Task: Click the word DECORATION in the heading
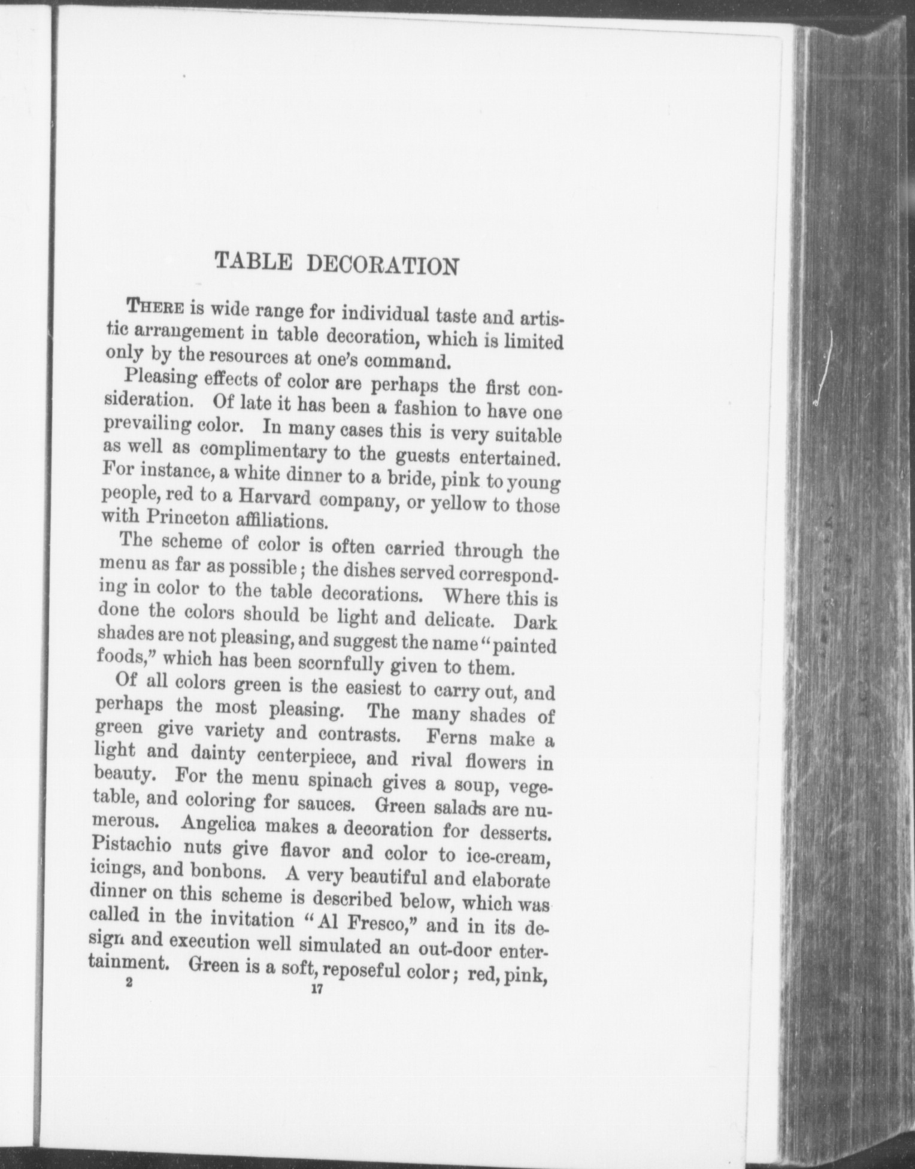click(x=382, y=265)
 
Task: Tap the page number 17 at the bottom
click(x=317, y=989)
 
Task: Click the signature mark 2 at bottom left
click(x=129, y=983)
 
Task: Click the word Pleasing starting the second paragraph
click(x=159, y=378)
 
